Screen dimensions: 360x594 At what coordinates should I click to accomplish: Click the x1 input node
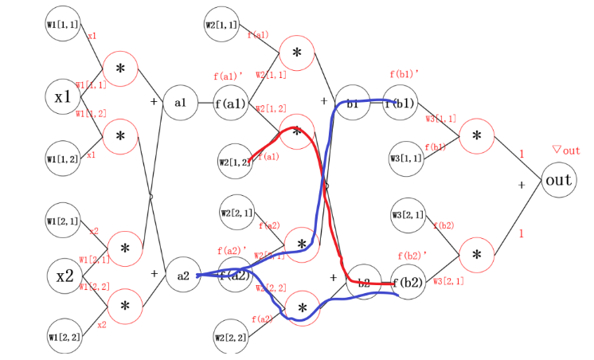point(63,97)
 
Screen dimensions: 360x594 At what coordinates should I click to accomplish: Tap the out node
point(558,181)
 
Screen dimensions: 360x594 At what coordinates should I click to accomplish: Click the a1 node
point(181,104)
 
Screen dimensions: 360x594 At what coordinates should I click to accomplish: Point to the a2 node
point(182,276)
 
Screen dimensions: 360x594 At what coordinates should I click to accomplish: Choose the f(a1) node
point(231,104)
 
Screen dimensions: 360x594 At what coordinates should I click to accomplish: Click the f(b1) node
point(401,104)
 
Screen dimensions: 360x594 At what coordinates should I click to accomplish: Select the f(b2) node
point(408,283)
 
